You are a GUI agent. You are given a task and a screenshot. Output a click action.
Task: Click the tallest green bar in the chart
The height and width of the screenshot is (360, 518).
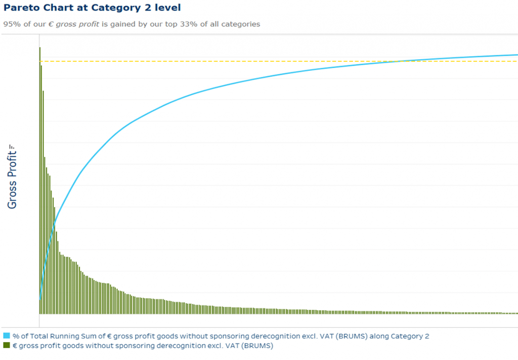(x=40, y=180)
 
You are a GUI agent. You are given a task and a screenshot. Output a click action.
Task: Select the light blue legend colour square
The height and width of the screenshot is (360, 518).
(x=7, y=336)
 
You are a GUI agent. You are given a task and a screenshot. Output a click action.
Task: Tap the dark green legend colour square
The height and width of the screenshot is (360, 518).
(x=7, y=345)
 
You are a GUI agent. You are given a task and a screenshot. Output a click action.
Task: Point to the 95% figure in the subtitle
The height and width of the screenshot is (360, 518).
(x=12, y=24)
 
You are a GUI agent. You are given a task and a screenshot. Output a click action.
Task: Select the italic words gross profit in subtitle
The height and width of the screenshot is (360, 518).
(x=77, y=24)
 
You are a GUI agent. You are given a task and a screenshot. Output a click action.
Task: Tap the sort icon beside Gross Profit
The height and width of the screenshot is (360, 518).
(x=12, y=147)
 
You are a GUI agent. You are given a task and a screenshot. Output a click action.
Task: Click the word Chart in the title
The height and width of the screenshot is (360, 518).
(x=62, y=8)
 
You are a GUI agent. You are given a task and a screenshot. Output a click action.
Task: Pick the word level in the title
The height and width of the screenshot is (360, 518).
(x=167, y=8)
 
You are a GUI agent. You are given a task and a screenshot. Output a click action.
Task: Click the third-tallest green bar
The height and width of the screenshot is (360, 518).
(x=44, y=203)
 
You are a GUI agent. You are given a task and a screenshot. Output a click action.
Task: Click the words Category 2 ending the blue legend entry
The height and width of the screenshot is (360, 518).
(x=410, y=336)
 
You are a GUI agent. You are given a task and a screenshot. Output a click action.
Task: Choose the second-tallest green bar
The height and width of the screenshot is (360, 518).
(x=41, y=189)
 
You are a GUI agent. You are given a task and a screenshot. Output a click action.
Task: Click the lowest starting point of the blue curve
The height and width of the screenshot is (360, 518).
(x=40, y=299)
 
